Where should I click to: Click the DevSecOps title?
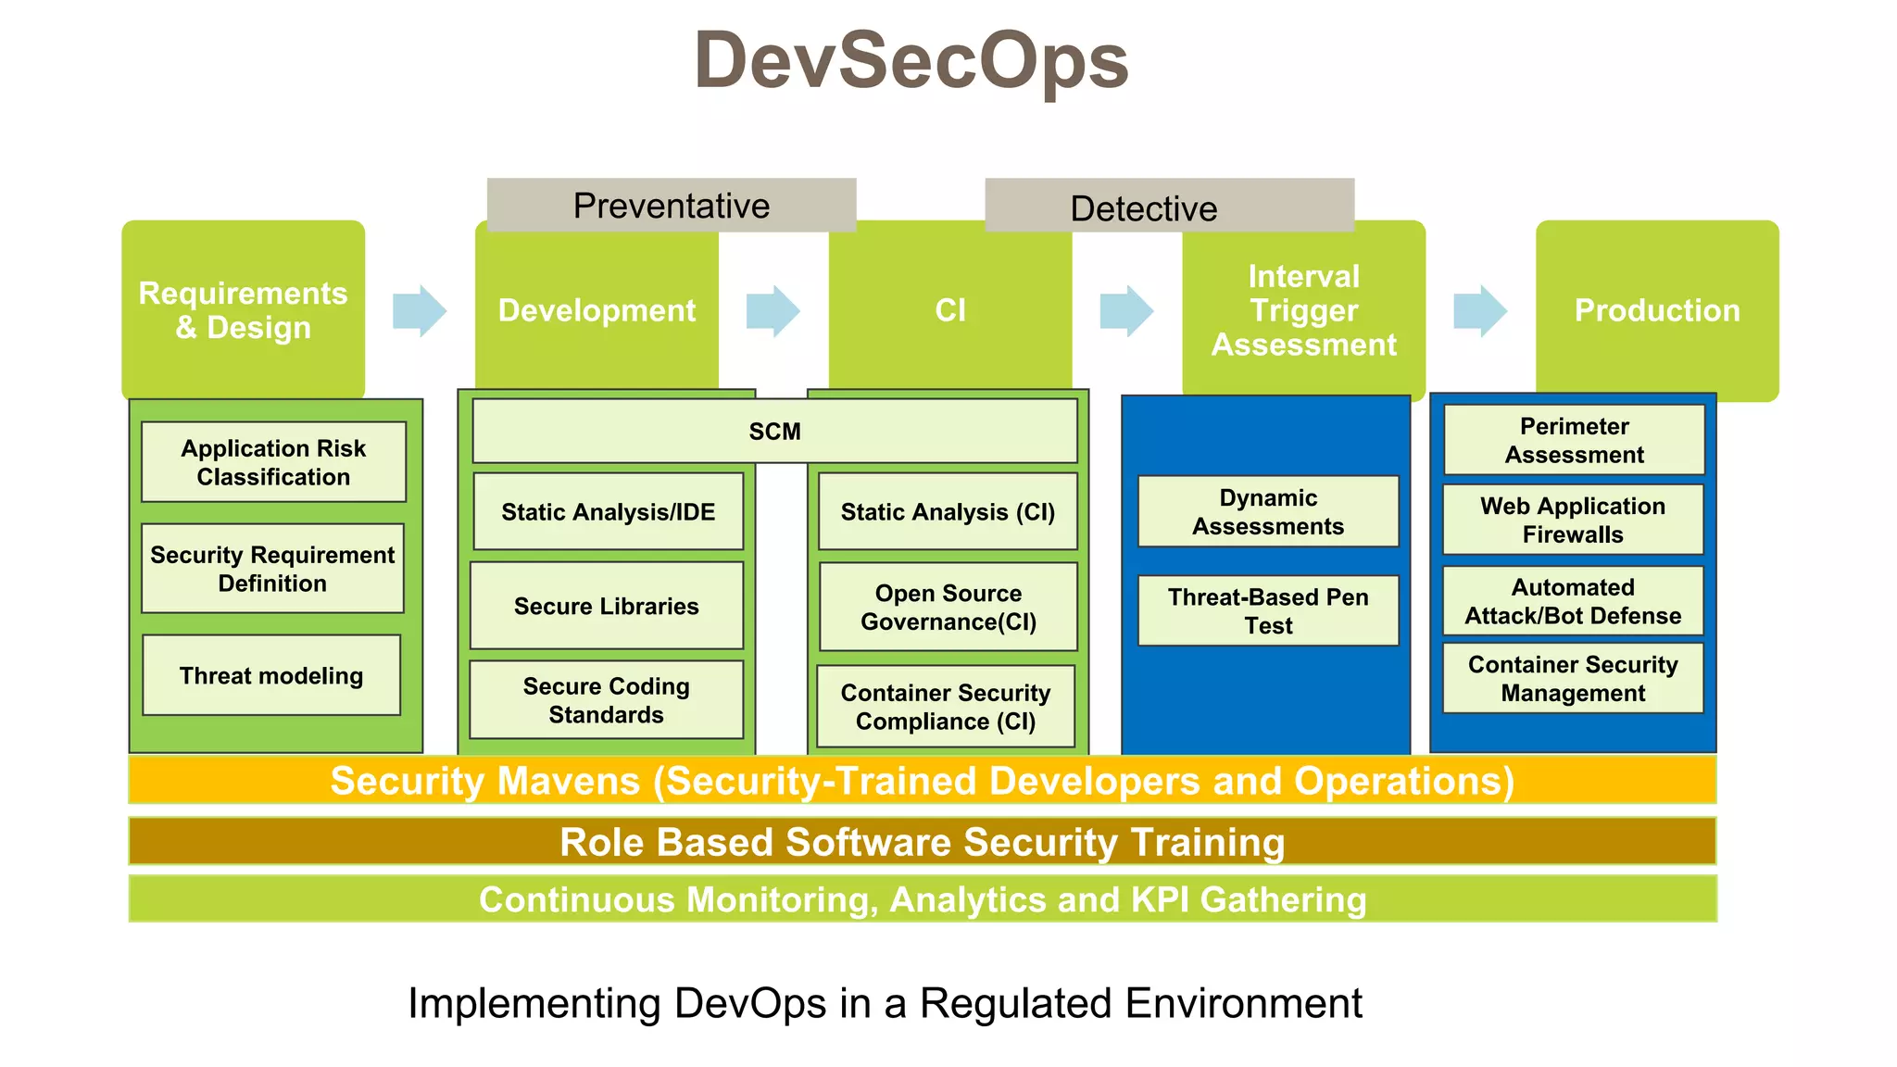click(911, 61)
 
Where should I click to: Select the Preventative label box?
click(672, 205)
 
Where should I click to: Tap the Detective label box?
click(1169, 205)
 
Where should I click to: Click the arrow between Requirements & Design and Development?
click(420, 311)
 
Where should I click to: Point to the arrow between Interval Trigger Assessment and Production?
click(1480, 311)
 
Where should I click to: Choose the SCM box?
click(774, 431)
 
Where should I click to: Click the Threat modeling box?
click(271, 675)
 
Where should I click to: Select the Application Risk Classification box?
click(273, 462)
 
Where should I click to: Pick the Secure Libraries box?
click(607, 606)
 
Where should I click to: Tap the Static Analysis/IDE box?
click(609, 511)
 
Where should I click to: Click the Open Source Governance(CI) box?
click(948, 607)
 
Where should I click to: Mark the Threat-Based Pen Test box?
click(1268, 610)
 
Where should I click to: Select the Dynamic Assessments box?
click(1268, 511)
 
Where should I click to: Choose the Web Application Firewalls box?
click(1573, 520)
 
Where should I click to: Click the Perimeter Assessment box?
click(1574, 440)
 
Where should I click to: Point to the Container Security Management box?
click(1573, 678)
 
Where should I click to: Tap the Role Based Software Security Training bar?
click(923, 842)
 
